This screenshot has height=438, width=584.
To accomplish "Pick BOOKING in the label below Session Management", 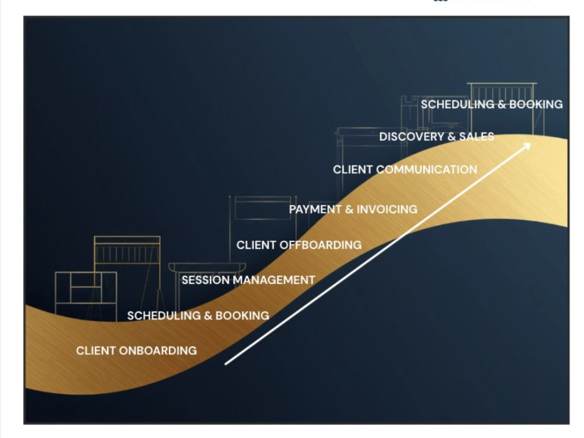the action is click(x=242, y=315).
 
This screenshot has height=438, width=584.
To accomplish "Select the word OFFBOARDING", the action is click(x=320, y=245).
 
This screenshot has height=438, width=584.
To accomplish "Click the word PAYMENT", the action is click(x=315, y=209).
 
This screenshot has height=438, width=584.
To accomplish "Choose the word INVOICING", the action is click(x=387, y=209).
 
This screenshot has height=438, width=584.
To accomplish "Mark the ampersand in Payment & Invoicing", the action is click(x=349, y=209).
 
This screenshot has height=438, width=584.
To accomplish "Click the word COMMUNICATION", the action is click(x=426, y=169).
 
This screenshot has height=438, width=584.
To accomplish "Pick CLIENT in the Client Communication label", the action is click(x=353, y=169).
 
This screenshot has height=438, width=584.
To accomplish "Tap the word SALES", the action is click(x=477, y=137).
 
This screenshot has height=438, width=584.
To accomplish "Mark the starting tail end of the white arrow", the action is click(x=225, y=364).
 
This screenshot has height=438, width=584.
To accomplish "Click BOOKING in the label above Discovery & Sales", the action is click(x=536, y=105).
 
